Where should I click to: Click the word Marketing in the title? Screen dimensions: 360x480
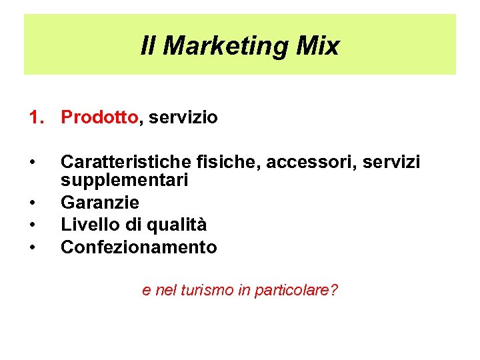(226, 46)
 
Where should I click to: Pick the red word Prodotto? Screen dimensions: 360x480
(99, 118)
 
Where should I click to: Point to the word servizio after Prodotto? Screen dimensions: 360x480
(183, 118)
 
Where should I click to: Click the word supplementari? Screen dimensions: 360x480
(125, 180)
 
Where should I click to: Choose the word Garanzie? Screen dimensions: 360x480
(100, 202)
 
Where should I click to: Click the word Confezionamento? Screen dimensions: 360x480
(139, 247)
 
